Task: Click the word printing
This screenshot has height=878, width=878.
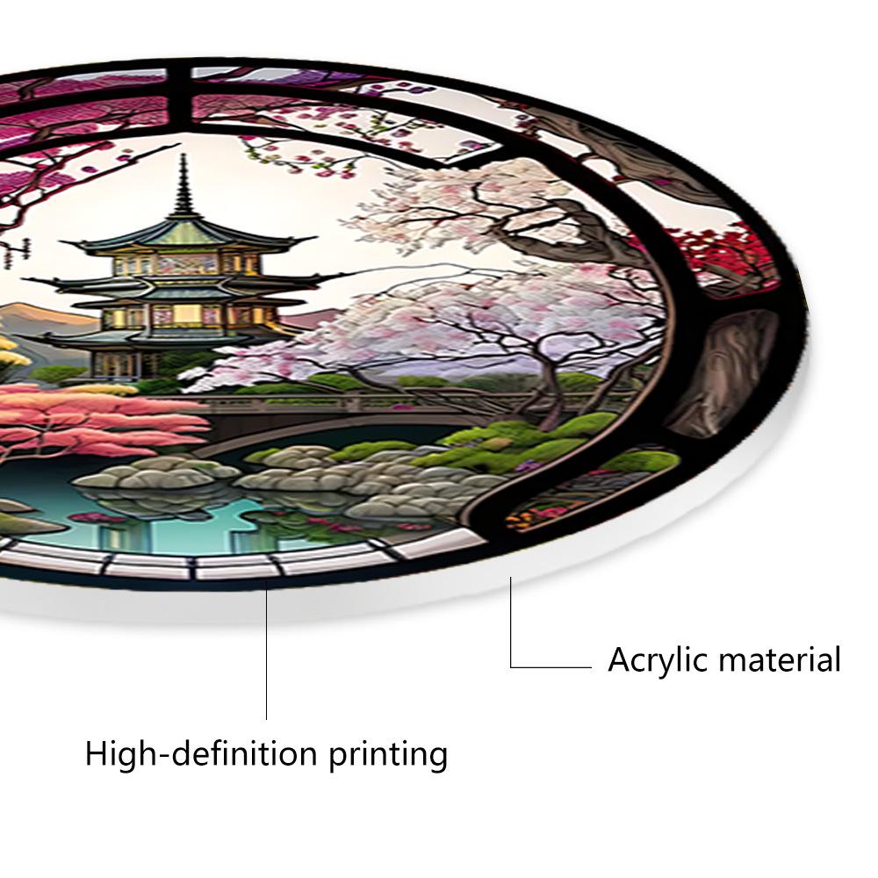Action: (x=388, y=756)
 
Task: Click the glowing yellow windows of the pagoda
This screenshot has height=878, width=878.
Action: (x=186, y=313)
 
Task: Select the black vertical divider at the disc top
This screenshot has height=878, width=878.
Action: (x=179, y=97)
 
